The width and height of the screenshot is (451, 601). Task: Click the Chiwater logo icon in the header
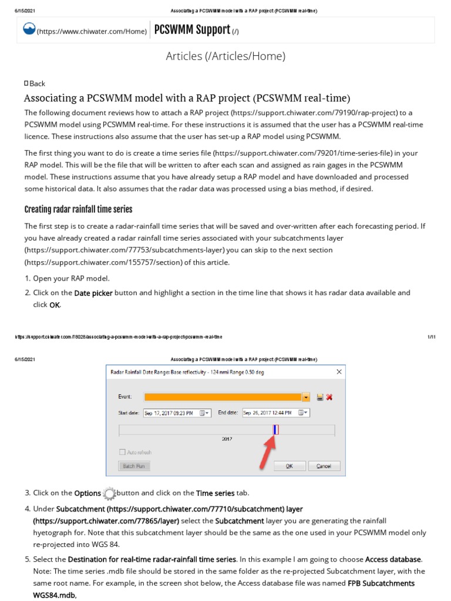[x=29, y=30]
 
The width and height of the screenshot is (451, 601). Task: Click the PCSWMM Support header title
[x=193, y=30]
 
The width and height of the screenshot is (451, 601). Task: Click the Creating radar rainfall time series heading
[x=78, y=210]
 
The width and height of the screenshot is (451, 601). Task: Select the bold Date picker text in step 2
[x=93, y=293]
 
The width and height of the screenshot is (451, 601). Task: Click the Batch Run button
[x=134, y=466]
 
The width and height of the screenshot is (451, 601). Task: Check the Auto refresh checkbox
[x=123, y=453]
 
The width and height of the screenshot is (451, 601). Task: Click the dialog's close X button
[x=338, y=372]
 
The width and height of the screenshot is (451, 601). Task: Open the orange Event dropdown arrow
[x=306, y=397]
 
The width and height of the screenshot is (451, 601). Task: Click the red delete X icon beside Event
[x=329, y=397]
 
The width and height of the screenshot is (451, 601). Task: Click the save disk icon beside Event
[x=319, y=397]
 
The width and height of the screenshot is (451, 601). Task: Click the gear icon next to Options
[x=109, y=493]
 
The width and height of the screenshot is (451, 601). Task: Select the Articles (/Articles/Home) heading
[x=225, y=56]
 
